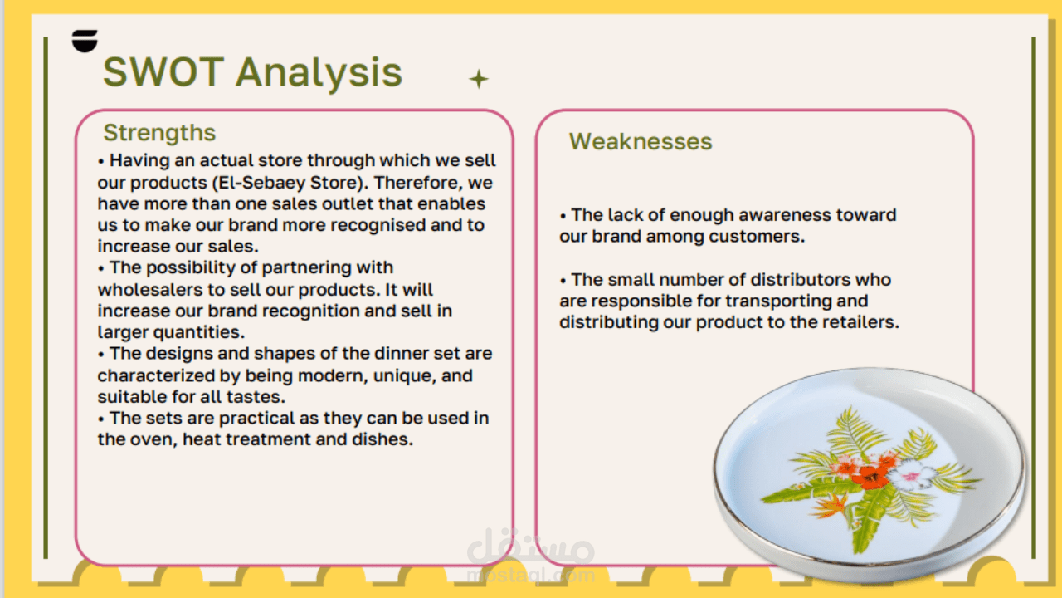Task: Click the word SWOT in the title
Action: [163, 72]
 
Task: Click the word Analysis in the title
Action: [319, 74]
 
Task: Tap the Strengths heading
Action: [159, 133]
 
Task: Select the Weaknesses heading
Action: [641, 141]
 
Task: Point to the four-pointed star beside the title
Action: [479, 79]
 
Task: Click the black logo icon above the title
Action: [85, 41]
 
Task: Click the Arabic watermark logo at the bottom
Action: [530, 547]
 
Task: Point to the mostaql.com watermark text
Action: [530, 576]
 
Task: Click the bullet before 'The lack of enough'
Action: [563, 217]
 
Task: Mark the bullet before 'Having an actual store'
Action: [101, 162]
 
